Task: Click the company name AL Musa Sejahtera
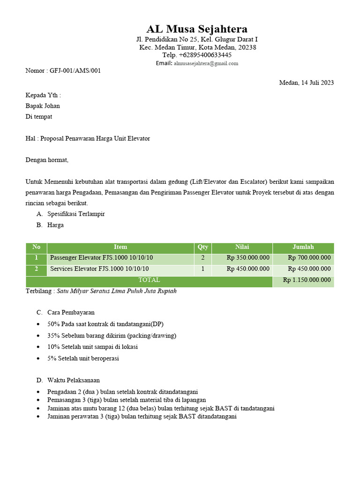click(x=197, y=29)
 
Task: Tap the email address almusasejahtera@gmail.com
click(x=206, y=63)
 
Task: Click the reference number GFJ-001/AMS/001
click(x=75, y=71)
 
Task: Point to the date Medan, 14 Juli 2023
click(x=306, y=83)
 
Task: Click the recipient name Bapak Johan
click(x=43, y=105)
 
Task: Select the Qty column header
click(x=202, y=247)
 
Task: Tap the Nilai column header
click(x=242, y=247)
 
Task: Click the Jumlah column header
click(x=303, y=247)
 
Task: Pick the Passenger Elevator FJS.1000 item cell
click(x=101, y=258)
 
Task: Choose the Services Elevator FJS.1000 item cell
click(x=99, y=269)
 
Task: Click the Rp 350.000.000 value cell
click(x=248, y=258)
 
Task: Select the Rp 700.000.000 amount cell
click(x=309, y=258)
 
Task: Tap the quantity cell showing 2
click(x=202, y=258)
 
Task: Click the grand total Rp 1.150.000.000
click(x=307, y=280)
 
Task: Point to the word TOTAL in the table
click(x=149, y=280)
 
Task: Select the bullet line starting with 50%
click(x=105, y=324)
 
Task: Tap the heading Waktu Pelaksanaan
click(x=74, y=380)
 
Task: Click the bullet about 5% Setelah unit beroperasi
click(x=83, y=359)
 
